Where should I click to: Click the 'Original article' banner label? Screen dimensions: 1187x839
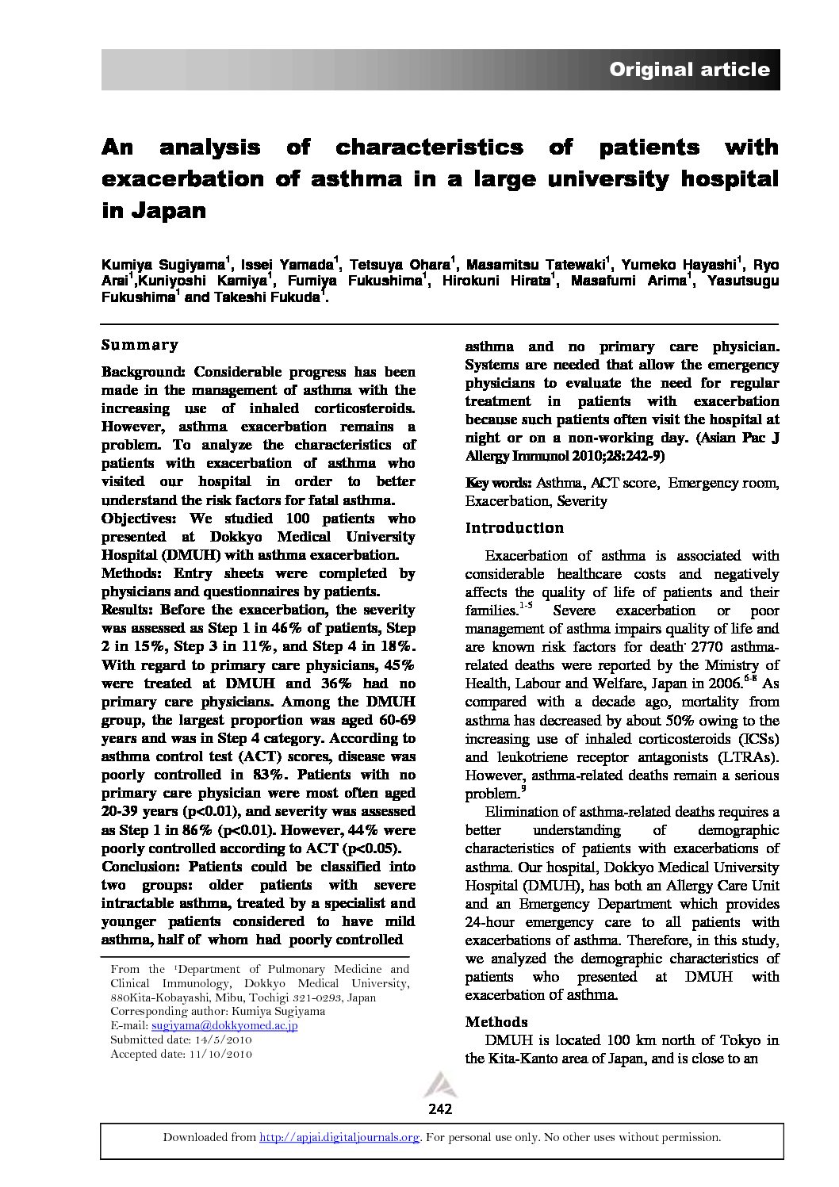688,70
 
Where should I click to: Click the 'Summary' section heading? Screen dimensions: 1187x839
140,345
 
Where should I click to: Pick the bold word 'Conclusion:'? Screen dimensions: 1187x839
142,867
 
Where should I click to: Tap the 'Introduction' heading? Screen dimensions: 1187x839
514,528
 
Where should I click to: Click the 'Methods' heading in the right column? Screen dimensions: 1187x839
496,1022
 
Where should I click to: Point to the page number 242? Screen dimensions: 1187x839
439,1109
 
